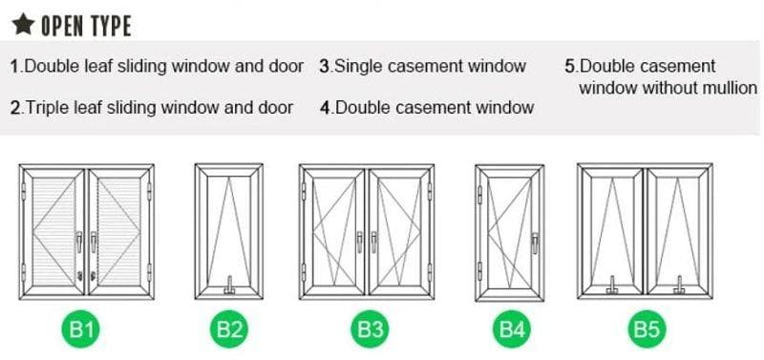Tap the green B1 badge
85,331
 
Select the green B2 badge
229,331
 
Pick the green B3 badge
369,331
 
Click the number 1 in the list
14,67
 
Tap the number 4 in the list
325,108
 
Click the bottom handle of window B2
229,284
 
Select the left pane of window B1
54,229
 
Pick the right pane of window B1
118,229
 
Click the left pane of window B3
333,230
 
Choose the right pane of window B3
401,230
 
